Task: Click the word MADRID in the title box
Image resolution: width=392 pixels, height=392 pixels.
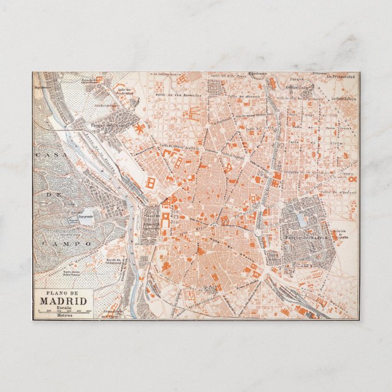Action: [64, 301]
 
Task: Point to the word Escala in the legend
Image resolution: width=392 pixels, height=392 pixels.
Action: [64, 307]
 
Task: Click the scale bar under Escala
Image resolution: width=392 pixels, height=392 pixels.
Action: [64, 312]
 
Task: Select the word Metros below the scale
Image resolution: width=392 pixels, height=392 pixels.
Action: [64, 316]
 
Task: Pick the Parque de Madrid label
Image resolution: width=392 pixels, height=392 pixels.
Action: [306, 237]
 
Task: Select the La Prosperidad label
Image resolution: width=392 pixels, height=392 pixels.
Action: [340, 77]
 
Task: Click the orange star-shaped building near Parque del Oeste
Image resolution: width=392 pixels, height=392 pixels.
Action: [141, 128]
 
